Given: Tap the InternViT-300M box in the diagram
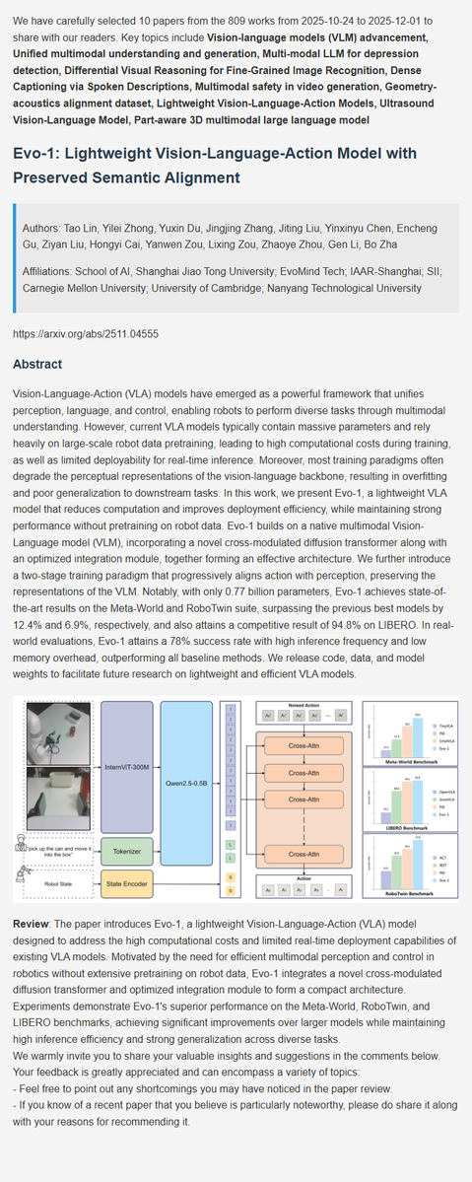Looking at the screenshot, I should tap(127, 765).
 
